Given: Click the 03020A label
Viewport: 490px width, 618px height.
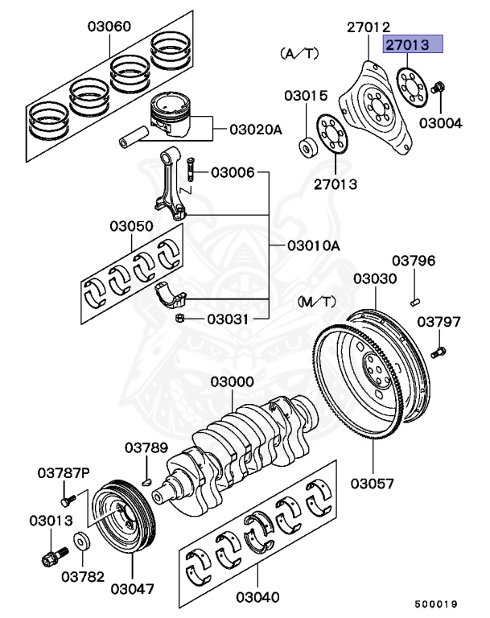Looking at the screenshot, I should click(257, 130).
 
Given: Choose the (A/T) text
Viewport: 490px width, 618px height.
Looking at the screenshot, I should click(299, 54).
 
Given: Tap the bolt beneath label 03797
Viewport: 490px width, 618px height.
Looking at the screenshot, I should click(438, 352).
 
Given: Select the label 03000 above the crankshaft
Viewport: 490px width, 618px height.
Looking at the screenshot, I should click(233, 381).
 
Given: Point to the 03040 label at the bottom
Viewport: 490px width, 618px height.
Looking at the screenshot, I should click(257, 597).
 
